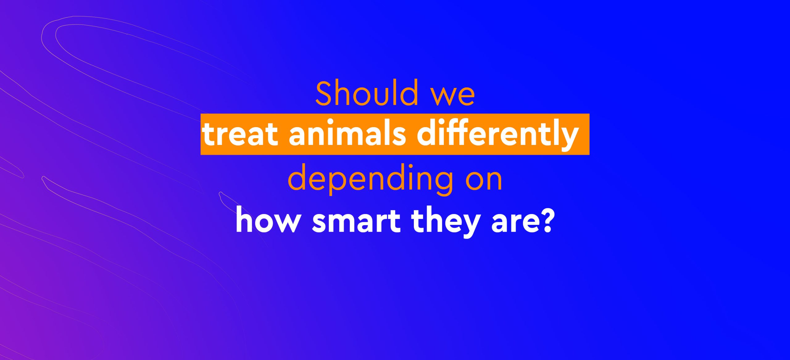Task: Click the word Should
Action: pyautogui.click(x=367, y=93)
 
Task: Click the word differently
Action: pyautogui.click(x=497, y=135)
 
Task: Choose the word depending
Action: pyautogui.click(x=370, y=180)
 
